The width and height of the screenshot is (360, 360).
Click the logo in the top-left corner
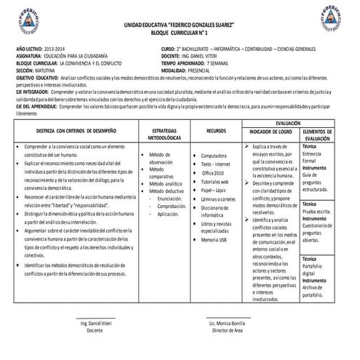pos(28,20)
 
